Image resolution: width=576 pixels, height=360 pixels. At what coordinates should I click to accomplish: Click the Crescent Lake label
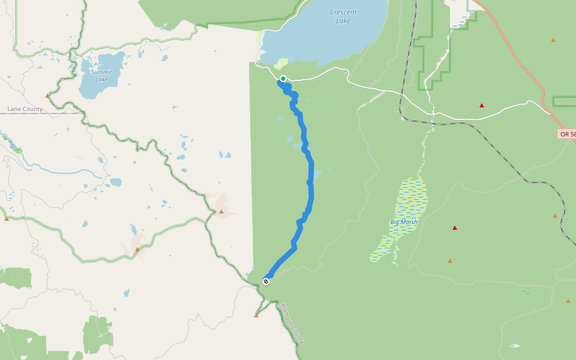pyautogui.click(x=343, y=16)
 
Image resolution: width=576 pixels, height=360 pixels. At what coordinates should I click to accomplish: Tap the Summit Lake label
pyautogui.click(x=101, y=76)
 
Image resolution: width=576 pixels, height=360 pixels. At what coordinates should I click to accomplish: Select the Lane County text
pyautogui.click(x=25, y=109)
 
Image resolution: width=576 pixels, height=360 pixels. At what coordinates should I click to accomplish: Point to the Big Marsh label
pyautogui.click(x=403, y=222)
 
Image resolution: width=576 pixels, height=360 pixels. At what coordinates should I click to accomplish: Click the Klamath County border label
pyautogui.click(x=292, y=323)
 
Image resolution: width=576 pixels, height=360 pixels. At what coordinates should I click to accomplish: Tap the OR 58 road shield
pyautogui.click(x=566, y=134)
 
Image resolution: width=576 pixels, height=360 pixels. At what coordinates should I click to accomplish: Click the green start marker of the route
pyautogui.click(x=283, y=79)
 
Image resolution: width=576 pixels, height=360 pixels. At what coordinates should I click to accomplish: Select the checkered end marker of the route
pyautogui.click(x=266, y=281)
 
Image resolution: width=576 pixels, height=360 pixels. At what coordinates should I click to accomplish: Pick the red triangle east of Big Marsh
pyautogui.click(x=455, y=228)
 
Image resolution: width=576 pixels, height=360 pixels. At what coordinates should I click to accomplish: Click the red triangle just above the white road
pyautogui.click(x=482, y=106)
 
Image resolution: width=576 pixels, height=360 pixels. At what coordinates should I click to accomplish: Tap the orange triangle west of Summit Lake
pyautogui.click(x=47, y=95)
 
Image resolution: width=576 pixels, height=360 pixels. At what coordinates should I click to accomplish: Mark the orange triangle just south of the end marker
pyautogui.click(x=256, y=315)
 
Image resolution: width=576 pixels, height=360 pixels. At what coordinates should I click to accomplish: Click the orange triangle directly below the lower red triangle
pyautogui.click(x=449, y=261)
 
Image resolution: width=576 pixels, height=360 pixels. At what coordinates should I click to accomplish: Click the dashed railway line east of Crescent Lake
pyautogui.click(x=401, y=90)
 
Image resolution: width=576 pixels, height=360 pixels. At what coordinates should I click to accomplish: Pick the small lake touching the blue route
pyautogui.click(x=316, y=175)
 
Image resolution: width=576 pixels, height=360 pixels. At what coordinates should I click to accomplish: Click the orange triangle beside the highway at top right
pyautogui.click(x=553, y=40)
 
